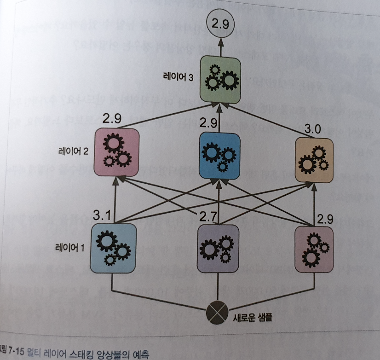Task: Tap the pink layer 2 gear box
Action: (x=117, y=152)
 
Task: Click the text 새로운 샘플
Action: (x=248, y=316)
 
